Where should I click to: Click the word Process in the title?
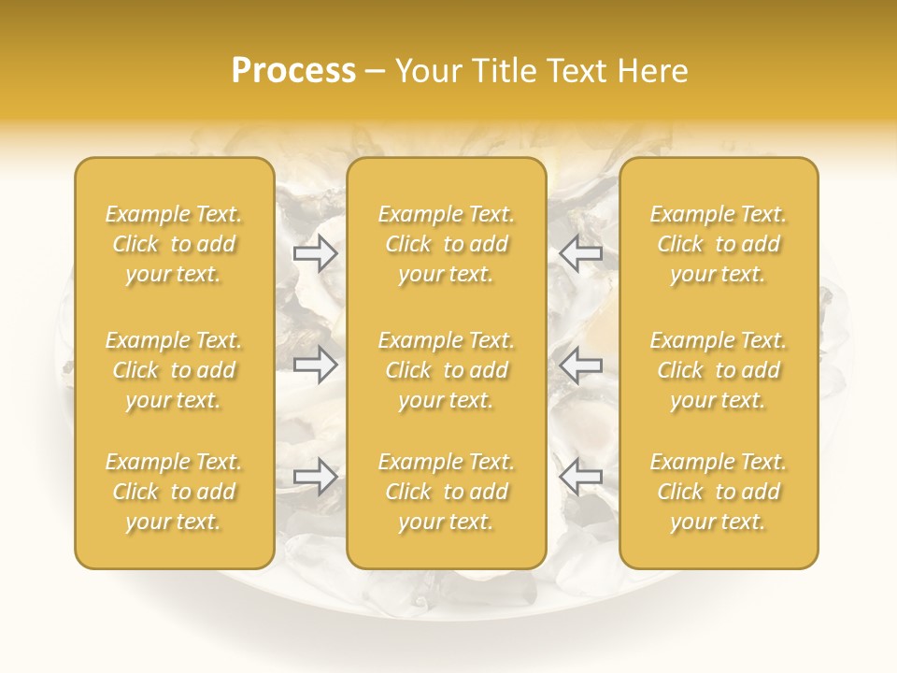coord(293,71)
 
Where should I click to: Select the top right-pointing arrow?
coord(315,252)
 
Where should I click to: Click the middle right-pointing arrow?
coord(315,365)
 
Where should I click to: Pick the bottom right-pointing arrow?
coord(315,477)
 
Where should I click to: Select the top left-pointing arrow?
coord(580,252)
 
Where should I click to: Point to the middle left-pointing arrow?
coord(580,365)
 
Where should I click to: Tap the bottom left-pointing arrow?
coord(580,477)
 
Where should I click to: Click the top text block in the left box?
coord(174,244)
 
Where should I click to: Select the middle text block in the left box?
coord(174,370)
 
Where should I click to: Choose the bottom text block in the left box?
coord(174,492)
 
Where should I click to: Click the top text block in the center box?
coord(447,244)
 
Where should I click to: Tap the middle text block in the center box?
coord(447,370)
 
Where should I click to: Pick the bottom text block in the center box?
coord(447,492)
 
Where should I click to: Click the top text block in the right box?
coord(719,244)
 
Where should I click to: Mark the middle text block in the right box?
coord(719,370)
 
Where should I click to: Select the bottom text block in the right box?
coord(719,492)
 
